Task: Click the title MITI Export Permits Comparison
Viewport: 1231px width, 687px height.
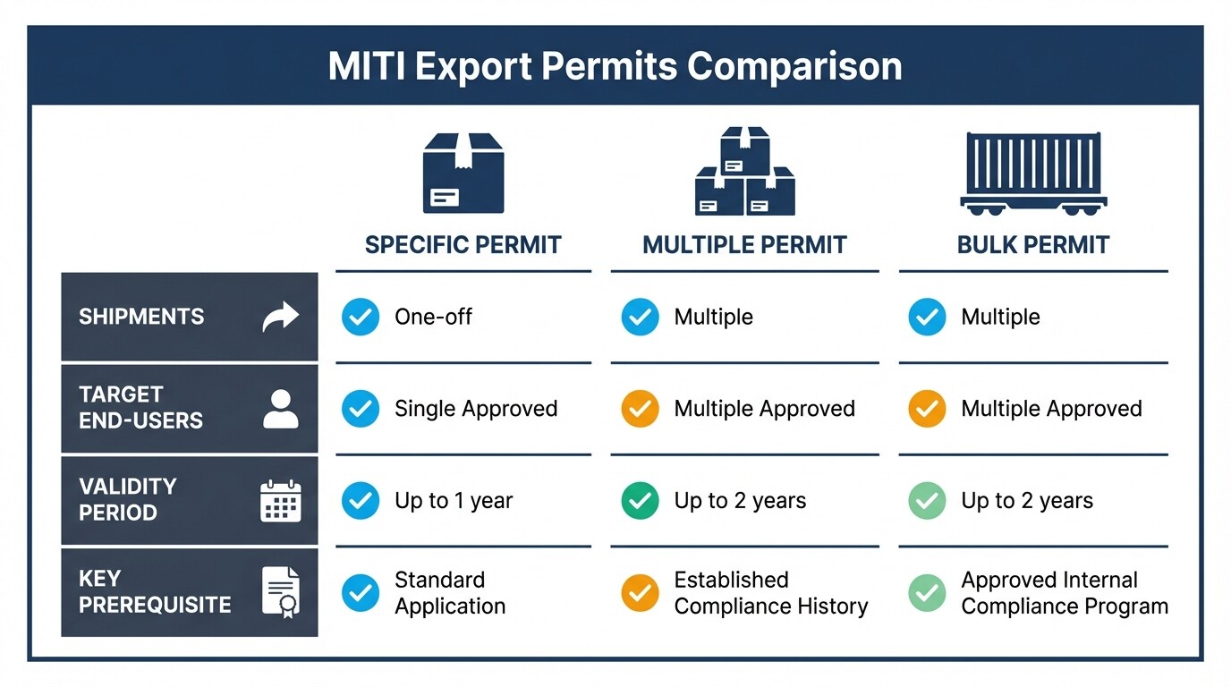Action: coord(615,67)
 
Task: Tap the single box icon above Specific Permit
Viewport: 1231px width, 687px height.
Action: coord(463,174)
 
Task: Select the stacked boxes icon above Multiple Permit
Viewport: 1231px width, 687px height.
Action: coord(744,171)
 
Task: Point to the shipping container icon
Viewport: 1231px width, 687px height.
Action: coord(1033,174)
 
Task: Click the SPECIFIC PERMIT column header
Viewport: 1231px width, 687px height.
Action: coord(463,245)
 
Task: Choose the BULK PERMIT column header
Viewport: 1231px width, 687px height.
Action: coord(1033,245)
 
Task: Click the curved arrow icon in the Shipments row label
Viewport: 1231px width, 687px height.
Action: coord(280,317)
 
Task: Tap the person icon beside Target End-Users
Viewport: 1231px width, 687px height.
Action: coord(281,408)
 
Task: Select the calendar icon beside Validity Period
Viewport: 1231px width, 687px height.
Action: coord(281,500)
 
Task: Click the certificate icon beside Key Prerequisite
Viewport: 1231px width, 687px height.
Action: coord(281,591)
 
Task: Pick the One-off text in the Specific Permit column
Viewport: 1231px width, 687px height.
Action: coord(433,317)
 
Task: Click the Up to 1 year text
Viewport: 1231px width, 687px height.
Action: coord(454,501)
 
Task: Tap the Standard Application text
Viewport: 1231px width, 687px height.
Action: coord(449,592)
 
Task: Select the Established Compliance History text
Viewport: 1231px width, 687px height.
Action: coord(770,592)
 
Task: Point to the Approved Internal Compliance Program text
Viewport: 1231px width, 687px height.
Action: coord(1065,592)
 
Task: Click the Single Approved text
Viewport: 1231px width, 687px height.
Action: coord(476,409)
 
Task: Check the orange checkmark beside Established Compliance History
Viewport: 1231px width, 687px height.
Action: coord(640,592)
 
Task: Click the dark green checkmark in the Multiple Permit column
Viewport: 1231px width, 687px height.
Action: coord(640,501)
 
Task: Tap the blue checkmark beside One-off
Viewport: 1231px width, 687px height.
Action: coord(361,317)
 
